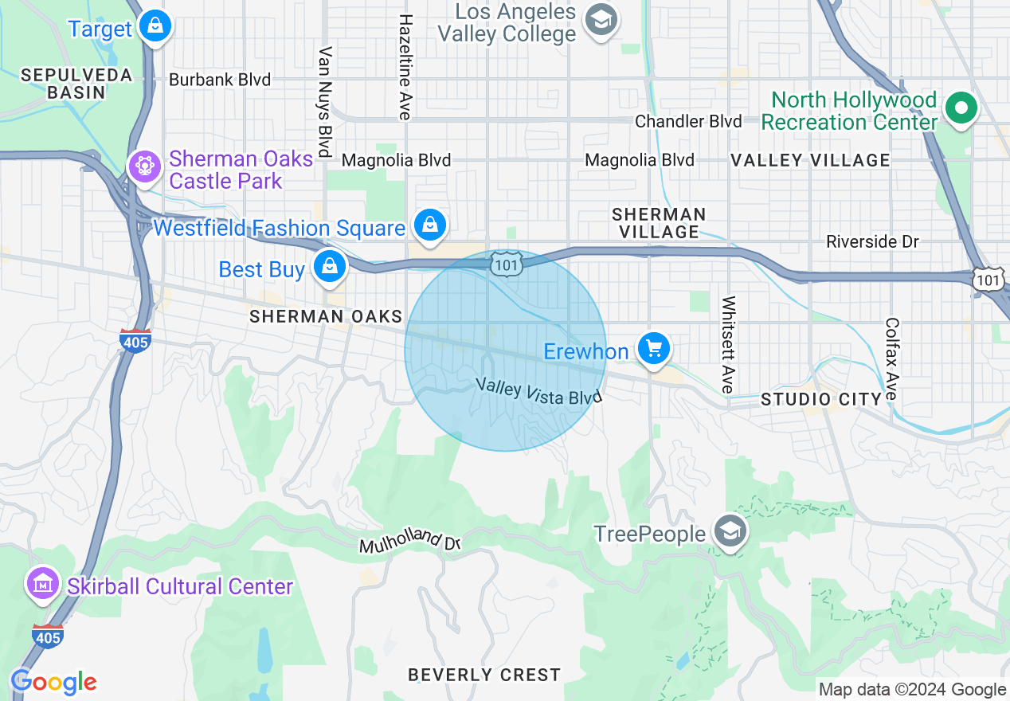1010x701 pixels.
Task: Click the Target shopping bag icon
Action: [x=155, y=26]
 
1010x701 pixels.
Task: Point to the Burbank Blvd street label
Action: [x=220, y=80]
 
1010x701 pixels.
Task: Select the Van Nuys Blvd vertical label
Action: [x=324, y=101]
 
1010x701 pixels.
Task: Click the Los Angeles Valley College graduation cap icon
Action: [x=601, y=21]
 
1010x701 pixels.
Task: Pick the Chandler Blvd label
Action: [x=688, y=121]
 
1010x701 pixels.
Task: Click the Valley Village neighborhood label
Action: [x=810, y=160]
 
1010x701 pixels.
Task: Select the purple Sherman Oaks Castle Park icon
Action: [x=145, y=167]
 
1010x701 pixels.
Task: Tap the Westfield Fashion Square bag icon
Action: [x=430, y=225]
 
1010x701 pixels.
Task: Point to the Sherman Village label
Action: [x=659, y=223]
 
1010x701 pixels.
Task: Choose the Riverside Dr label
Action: [x=872, y=241]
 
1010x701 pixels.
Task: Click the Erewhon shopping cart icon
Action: [x=654, y=349]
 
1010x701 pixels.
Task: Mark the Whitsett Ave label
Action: [x=727, y=344]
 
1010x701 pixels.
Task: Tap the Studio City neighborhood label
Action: [x=821, y=399]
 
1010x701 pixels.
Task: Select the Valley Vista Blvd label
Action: [x=538, y=390]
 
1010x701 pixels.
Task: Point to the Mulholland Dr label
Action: [x=410, y=542]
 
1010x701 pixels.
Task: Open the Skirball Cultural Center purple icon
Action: [x=43, y=585]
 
